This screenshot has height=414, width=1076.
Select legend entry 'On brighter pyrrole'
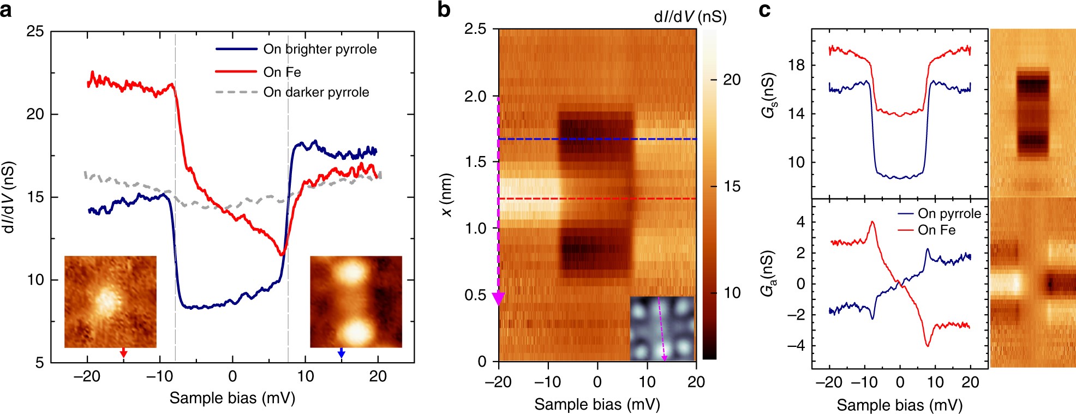tap(319, 49)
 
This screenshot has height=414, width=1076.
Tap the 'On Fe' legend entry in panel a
tap(282, 72)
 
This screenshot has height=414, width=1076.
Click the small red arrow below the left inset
tap(123, 353)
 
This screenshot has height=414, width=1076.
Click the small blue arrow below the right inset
tap(342, 353)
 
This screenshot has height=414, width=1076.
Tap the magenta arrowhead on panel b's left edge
tap(498, 298)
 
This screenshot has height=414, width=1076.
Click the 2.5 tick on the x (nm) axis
tap(475, 29)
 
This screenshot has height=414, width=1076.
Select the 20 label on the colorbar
tap(732, 80)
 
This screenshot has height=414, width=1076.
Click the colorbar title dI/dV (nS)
tap(690, 17)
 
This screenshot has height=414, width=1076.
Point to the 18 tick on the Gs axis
tap(797, 65)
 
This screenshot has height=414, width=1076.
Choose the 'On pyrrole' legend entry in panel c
tap(949, 213)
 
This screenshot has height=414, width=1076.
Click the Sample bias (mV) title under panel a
tap(232, 398)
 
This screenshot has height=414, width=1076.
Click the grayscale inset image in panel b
tap(662, 328)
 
